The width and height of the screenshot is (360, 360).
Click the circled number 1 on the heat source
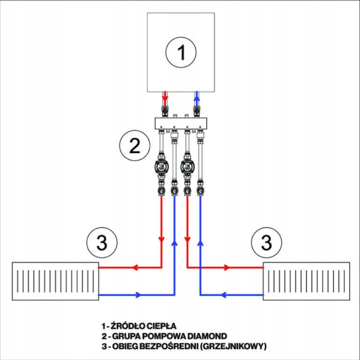pos(181,52)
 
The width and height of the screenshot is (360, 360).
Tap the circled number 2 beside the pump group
pos(134,146)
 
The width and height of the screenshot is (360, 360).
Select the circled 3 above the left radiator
pos(102,242)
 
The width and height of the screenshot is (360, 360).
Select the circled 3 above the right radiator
pos(266,242)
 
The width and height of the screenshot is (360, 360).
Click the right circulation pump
pos(187,167)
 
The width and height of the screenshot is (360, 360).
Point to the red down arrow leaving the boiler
pos(165,96)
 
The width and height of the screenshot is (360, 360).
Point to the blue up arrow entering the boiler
pos(196,96)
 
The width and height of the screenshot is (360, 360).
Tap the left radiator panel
pos(55,281)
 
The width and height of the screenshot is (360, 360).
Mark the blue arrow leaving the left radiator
pos(137,295)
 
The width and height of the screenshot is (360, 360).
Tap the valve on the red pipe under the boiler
pos(165,110)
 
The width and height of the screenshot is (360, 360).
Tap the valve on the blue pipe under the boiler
pos(196,110)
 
